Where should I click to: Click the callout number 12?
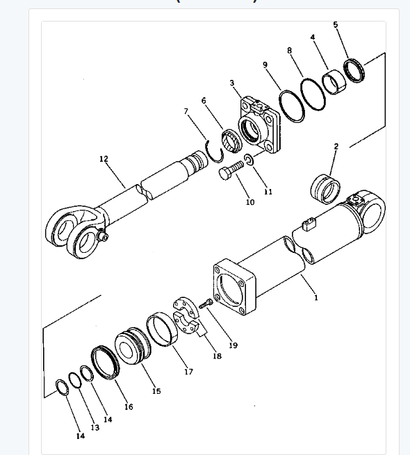click(x=104, y=159)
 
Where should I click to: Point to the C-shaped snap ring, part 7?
click(x=216, y=149)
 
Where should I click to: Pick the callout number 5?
click(x=336, y=24)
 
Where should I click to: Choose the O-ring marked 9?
click(x=291, y=107)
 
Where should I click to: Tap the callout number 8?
click(x=289, y=50)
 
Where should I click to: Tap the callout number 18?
click(x=217, y=356)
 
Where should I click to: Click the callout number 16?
click(x=129, y=406)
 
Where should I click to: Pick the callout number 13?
click(x=95, y=427)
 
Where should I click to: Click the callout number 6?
click(x=204, y=101)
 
